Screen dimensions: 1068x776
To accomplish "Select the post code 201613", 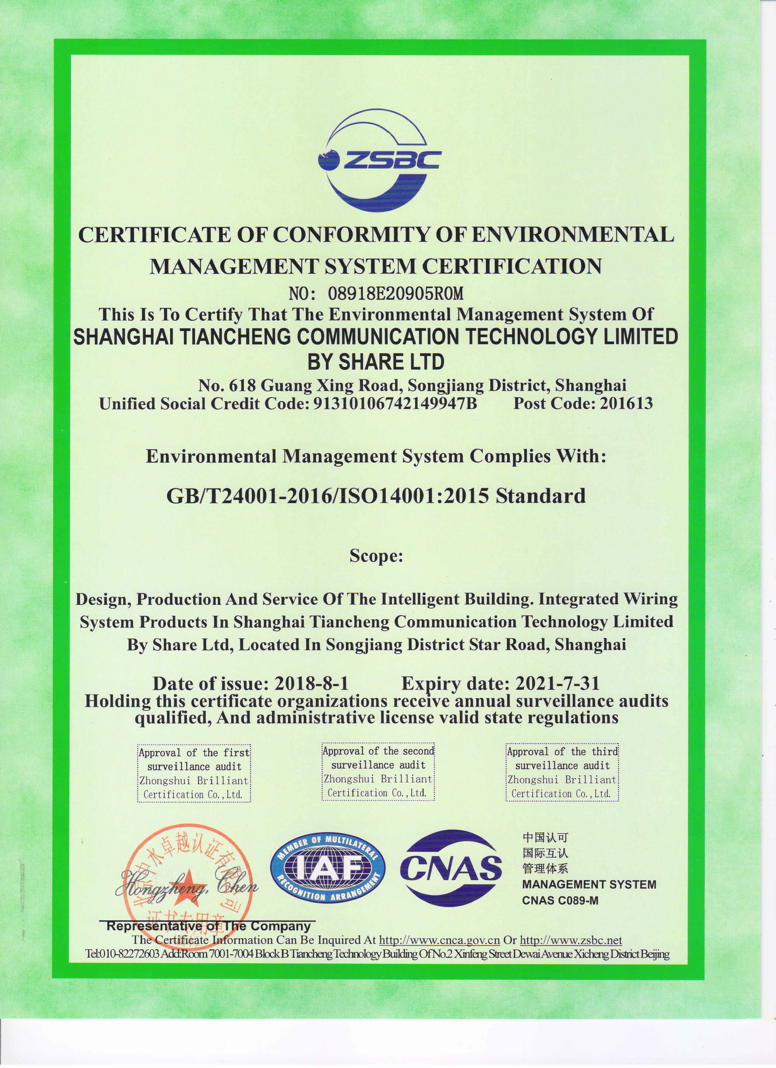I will coord(626,404).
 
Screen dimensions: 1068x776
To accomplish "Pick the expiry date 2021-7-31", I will coord(558,683).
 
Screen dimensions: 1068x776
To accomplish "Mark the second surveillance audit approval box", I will coord(378,772).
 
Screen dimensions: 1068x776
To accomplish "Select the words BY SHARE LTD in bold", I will coord(376,362).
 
